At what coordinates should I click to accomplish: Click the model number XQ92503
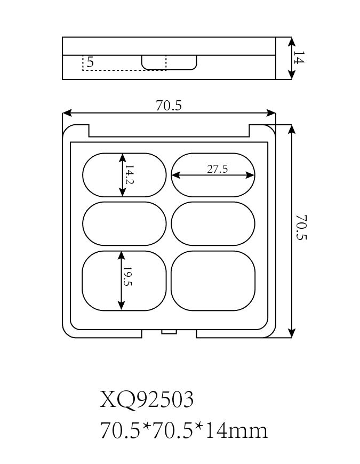(147, 399)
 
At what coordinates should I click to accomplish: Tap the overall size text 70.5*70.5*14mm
(183, 430)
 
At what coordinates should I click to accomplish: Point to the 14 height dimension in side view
(299, 58)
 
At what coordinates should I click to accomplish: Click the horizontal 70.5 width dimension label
(169, 106)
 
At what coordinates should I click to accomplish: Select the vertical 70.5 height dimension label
(302, 228)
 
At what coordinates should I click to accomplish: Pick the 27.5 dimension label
(217, 169)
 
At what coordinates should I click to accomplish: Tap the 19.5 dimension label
(127, 276)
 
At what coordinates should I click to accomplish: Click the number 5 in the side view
(90, 62)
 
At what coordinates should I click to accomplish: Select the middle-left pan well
(124, 224)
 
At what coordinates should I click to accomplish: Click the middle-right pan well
(213, 224)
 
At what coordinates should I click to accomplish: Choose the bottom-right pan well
(213, 281)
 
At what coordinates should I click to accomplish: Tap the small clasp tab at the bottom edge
(169, 332)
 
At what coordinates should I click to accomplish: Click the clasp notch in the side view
(169, 62)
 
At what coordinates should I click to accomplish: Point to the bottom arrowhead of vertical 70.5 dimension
(291, 334)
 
